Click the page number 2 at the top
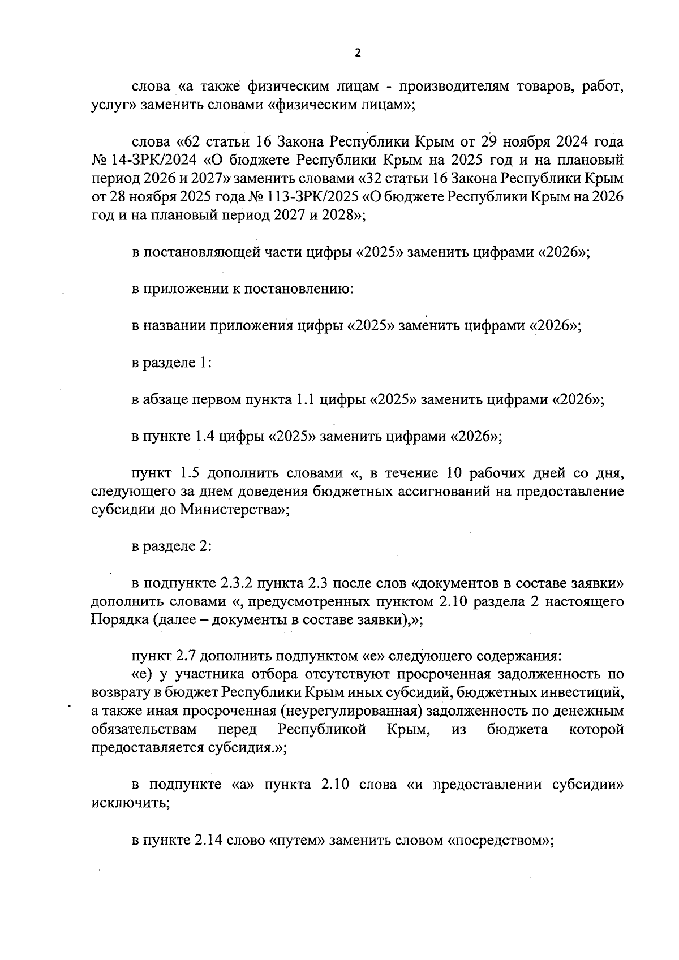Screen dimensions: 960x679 pyautogui.click(x=357, y=53)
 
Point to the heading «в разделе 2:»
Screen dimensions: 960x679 pyautogui.click(x=171, y=547)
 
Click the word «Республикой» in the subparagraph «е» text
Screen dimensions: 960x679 pyautogui.click(x=323, y=729)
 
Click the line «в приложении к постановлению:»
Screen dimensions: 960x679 pyautogui.click(x=243, y=289)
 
